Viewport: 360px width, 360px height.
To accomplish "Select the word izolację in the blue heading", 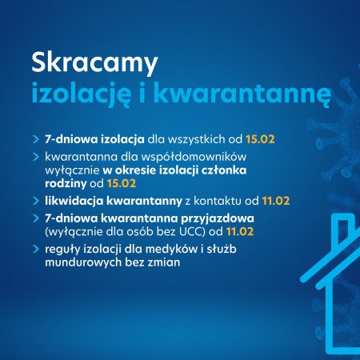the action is (82, 94).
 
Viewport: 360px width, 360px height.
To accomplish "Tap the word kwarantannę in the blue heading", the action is (242, 94).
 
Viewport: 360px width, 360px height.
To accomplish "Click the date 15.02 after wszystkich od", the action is (260, 139).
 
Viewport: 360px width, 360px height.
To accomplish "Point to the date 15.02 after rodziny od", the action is (122, 183).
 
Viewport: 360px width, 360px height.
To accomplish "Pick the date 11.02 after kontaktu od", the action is (276, 201).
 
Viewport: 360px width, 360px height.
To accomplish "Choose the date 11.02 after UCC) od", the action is (240, 231).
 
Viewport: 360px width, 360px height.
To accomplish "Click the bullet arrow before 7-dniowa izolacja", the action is (36, 139).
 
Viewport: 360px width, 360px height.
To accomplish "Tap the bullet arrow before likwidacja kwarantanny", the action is (36, 201).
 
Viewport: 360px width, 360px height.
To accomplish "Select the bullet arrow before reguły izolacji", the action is (36, 249).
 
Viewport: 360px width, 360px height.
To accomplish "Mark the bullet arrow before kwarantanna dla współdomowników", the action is (36, 157).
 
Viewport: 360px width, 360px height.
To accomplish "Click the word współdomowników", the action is (194, 157).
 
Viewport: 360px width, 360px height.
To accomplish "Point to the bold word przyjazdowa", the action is (218, 218).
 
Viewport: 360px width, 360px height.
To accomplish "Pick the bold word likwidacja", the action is (74, 201).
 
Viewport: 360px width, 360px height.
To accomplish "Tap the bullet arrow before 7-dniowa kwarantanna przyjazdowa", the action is (36, 218).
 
